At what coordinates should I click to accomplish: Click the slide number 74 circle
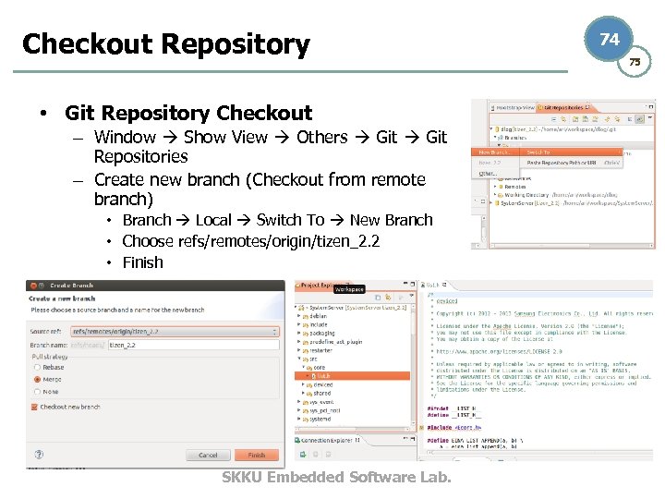pyautogui.click(x=610, y=40)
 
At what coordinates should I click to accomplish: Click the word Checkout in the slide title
pyautogui.click(x=86, y=44)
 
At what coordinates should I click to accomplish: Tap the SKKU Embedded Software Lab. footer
pyautogui.click(x=336, y=477)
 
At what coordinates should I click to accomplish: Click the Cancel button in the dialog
pyautogui.click(x=208, y=455)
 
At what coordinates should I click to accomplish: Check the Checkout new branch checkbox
pyautogui.click(x=34, y=407)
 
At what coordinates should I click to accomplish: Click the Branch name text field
pyautogui.click(x=192, y=344)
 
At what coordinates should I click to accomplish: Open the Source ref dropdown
pyautogui.click(x=273, y=332)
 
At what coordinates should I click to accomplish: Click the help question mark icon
pyautogui.click(x=39, y=455)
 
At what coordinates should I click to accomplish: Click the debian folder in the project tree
pyautogui.click(x=318, y=316)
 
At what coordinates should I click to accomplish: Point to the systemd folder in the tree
pyautogui.click(x=321, y=419)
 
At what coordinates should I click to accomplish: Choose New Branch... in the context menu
pyautogui.click(x=495, y=152)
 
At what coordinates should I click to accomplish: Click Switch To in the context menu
pyautogui.click(x=538, y=152)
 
